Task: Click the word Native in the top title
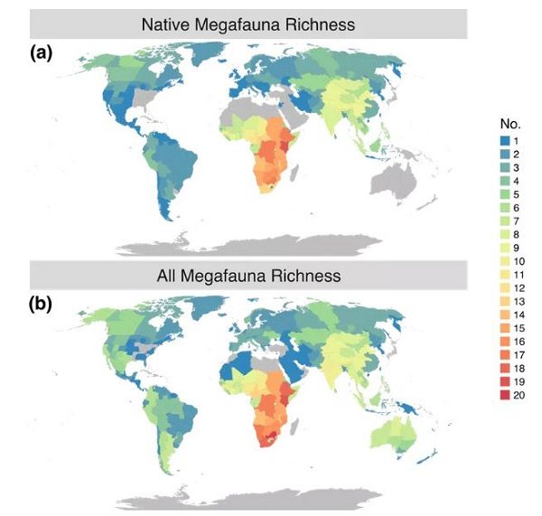tap(165, 25)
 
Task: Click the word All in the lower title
tap(166, 276)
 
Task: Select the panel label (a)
tap(42, 53)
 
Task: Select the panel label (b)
tap(41, 305)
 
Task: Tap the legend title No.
tap(510, 124)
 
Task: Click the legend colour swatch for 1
tap(505, 141)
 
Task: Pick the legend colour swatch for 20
tap(505, 395)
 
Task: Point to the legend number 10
tap(519, 261)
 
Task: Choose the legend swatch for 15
tap(505, 328)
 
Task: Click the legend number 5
tap(516, 194)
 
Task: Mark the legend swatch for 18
tap(505, 369)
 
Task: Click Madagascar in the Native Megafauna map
tap(294, 174)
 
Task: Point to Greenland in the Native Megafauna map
tap(208, 52)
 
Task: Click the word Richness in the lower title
tap(305, 276)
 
